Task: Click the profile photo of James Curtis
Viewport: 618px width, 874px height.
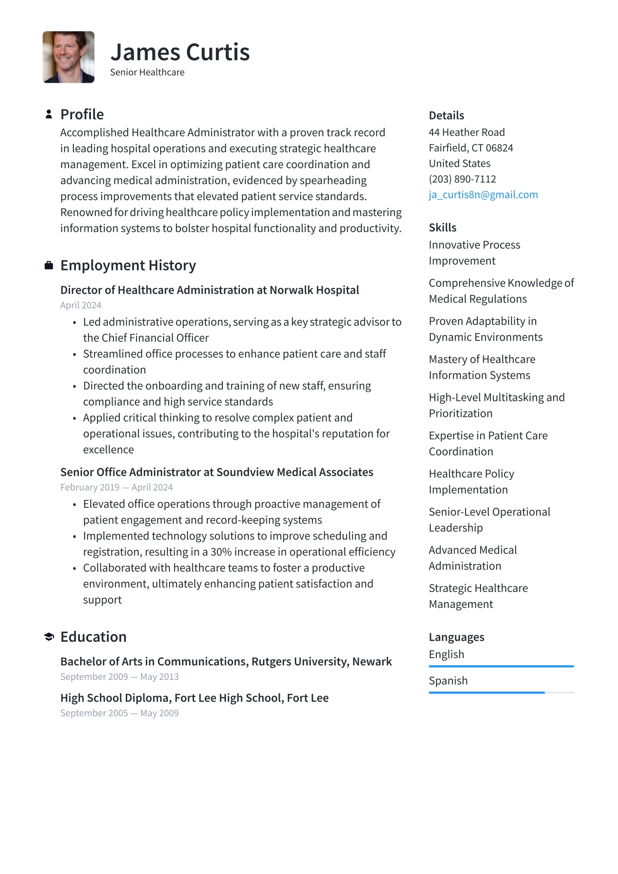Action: [68, 57]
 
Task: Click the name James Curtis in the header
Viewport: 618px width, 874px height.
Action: [180, 52]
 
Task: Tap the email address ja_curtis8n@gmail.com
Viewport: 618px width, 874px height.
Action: [483, 194]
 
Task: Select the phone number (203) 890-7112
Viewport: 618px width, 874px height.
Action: [462, 179]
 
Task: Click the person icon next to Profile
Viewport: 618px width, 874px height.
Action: [49, 114]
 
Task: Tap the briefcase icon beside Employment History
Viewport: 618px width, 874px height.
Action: [49, 265]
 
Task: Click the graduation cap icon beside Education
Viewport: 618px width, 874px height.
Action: [49, 637]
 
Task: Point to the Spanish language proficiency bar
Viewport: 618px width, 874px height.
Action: [501, 692]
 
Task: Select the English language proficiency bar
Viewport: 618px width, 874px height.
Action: [501, 666]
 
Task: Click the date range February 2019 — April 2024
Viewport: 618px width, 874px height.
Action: [116, 487]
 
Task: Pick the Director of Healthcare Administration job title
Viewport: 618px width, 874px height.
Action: [209, 290]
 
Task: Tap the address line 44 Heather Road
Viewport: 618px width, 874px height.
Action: [467, 132]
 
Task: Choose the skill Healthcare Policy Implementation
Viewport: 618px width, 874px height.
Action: [471, 482]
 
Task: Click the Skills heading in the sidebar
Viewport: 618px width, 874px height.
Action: [442, 228]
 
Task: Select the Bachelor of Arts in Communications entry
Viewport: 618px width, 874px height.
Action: [226, 662]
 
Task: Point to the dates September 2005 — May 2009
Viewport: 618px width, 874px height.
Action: [119, 713]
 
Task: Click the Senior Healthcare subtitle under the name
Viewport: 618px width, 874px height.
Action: [147, 73]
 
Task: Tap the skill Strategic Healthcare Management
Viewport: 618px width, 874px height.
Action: [478, 596]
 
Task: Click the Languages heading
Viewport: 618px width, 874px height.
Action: [456, 637]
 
